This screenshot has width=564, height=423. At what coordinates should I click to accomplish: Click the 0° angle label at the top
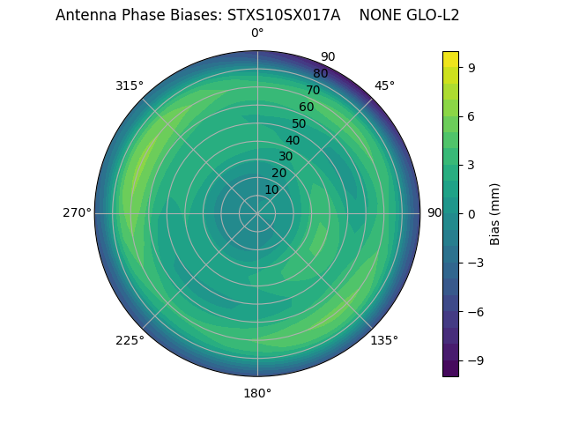pyautogui.click(x=257, y=33)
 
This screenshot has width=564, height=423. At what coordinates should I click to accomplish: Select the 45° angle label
pyautogui.click(x=384, y=85)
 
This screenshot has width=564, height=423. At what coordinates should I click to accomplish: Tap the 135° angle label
pyautogui.click(x=384, y=340)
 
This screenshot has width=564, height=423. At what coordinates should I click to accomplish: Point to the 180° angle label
pyautogui.click(x=257, y=393)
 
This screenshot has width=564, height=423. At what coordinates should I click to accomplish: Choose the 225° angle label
pyautogui.click(x=130, y=340)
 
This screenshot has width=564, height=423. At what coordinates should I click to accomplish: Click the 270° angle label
pyautogui.click(x=77, y=213)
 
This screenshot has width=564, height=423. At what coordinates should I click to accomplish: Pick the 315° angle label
pyautogui.click(x=130, y=85)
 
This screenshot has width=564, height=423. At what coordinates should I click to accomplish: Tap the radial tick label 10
pyautogui.click(x=271, y=189)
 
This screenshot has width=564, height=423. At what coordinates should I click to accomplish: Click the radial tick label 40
pyautogui.click(x=293, y=140)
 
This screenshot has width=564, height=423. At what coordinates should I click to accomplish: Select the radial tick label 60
pyautogui.click(x=306, y=107)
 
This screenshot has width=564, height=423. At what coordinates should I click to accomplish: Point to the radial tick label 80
pyautogui.click(x=320, y=73)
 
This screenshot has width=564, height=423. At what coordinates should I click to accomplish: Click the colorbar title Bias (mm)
pyautogui.click(x=495, y=213)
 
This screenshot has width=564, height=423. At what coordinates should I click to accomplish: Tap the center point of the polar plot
pyautogui.click(x=257, y=213)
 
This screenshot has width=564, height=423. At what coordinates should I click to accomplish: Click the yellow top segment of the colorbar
pyautogui.click(x=450, y=59)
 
